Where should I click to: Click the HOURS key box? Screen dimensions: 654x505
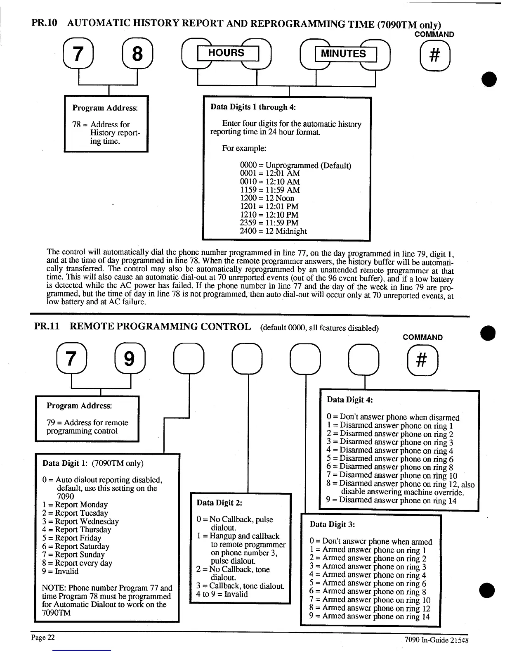pos(227,53)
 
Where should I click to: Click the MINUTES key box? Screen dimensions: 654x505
pos(345,54)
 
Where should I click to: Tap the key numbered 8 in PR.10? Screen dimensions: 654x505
pos(137,54)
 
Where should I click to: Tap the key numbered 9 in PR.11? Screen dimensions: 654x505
pos(129,358)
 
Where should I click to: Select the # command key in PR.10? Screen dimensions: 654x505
pos(434,55)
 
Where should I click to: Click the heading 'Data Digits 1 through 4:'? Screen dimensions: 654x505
pos(253,107)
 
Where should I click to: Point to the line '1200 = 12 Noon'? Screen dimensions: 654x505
pos(267,198)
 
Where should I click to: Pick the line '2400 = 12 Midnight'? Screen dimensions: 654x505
pos(273,231)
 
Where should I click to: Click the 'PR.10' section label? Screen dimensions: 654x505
pos(44,24)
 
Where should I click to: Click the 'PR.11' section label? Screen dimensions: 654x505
pos(47,327)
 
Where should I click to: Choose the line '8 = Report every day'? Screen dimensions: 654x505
pos(77,563)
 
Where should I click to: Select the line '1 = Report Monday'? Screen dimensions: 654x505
pos(75,505)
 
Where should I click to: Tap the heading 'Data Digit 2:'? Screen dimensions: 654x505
pos(219,502)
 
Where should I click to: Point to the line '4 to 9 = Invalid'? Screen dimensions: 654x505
pos(222,594)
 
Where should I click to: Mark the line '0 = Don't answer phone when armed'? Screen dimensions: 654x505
pos(370,542)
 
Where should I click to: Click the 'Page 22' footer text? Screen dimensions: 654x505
pos(43,637)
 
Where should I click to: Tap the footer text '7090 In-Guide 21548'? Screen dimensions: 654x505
pos(437,640)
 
